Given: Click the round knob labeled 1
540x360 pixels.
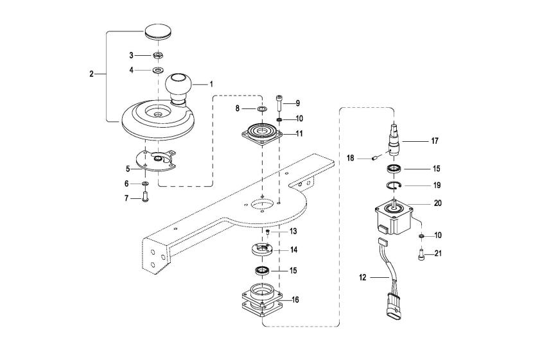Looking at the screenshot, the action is pyautogui.click(x=178, y=88).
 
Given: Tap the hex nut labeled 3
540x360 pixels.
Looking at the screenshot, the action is pyautogui.click(x=158, y=55).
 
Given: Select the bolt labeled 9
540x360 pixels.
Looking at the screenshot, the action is pyautogui.click(x=278, y=102).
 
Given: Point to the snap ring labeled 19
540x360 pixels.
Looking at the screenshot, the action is pyautogui.click(x=394, y=185).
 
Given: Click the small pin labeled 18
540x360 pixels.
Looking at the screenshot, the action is pyautogui.click(x=375, y=159).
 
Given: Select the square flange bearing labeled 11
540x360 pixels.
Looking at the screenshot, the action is pyautogui.click(x=263, y=133).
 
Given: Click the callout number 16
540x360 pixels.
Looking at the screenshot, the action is pyautogui.click(x=295, y=300).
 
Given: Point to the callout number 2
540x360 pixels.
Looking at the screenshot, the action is pyautogui.click(x=91, y=74).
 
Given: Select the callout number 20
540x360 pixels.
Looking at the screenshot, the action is pyautogui.click(x=437, y=203).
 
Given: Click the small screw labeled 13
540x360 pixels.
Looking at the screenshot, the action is pyautogui.click(x=268, y=232).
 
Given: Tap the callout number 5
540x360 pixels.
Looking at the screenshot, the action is pyautogui.click(x=128, y=169).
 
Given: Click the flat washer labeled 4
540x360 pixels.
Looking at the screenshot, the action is pyautogui.click(x=158, y=70).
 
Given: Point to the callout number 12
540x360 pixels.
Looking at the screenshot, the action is pyautogui.click(x=363, y=277).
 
